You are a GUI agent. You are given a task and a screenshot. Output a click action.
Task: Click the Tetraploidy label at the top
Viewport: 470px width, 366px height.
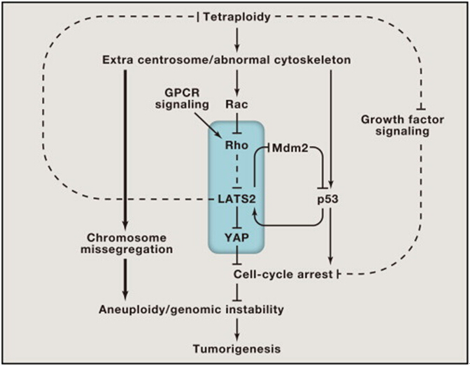(x=236, y=17)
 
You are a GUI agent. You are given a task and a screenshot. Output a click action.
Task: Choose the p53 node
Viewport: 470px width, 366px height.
(x=328, y=200)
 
